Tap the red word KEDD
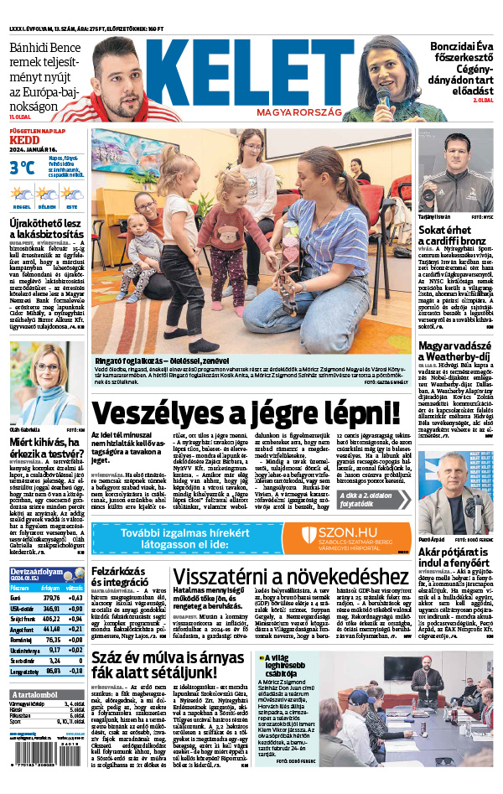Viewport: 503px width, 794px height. tap(24, 140)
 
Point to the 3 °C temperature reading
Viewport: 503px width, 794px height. tap(23, 167)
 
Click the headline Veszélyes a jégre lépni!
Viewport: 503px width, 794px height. tap(246, 413)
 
